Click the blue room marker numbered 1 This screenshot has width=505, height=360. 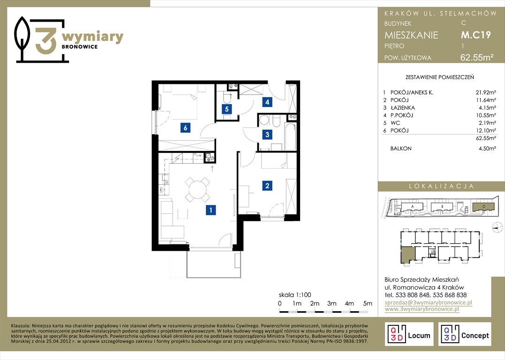pyautogui.click(x=211, y=210)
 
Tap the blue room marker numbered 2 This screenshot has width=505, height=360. pyautogui.click(x=267, y=186)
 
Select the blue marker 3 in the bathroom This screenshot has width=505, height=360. pyautogui.click(x=267, y=134)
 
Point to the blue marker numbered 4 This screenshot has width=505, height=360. pyautogui.click(x=267, y=102)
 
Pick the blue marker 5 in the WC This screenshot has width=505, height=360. pyautogui.click(x=227, y=109)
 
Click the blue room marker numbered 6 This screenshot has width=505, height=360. pyautogui.click(x=185, y=128)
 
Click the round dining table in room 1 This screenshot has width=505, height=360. pyautogui.click(x=197, y=190)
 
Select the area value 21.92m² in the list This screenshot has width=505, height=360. pyautogui.click(x=486, y=92)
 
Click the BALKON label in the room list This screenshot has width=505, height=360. pyautogui.click(x=400, y=149)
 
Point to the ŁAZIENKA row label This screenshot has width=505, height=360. pyautogui.click(x=403, y=107)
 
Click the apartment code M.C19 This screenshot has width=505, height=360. pyautogui.click(x=475, y=35)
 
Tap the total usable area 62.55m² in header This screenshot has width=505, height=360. pyautogui.click(x=477, y=58)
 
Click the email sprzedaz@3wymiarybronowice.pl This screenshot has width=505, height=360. pyautogui.click(x=429, y=303)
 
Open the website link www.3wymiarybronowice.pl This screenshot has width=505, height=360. pyautogui.click(x=422, y=309)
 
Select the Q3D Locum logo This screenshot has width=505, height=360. pyautogui.click(x=409, y=334)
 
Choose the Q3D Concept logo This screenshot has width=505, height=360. pyautogui.click(x=465, y=334)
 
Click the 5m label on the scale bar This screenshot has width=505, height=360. pyautogui.click(x=368, y=303)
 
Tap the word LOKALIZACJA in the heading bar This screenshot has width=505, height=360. pyautogui.click(x=441, y=186)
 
